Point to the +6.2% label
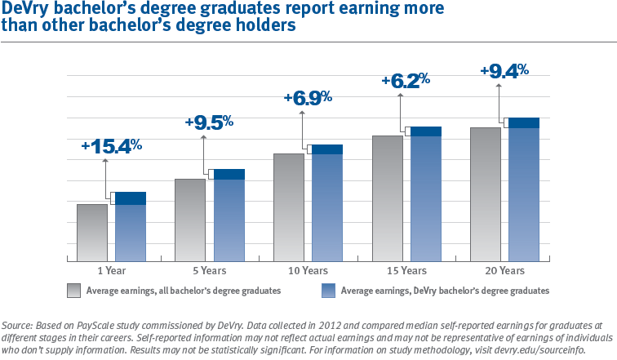tap(406, 80)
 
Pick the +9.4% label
tap(504, 70)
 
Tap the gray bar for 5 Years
tap(190, 218)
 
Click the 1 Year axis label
tap(111, 270)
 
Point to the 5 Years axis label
tap(210, 270)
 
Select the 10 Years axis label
tap(308, 270)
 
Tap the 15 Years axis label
tap(406, 270)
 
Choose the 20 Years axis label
tap(504, 270)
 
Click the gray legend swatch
tap(73, 290)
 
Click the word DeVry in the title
tap(25, 10)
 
